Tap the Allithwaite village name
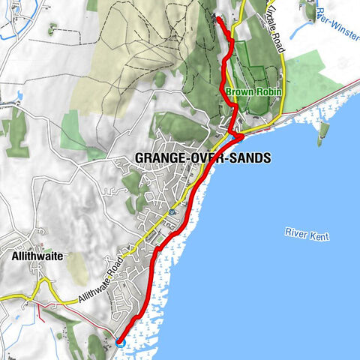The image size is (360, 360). [38, 256]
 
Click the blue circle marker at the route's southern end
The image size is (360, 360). [118, 343]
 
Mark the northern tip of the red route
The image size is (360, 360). [217, 18]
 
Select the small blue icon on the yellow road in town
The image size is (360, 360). [172, 211]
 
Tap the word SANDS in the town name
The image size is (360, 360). [247, 158]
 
